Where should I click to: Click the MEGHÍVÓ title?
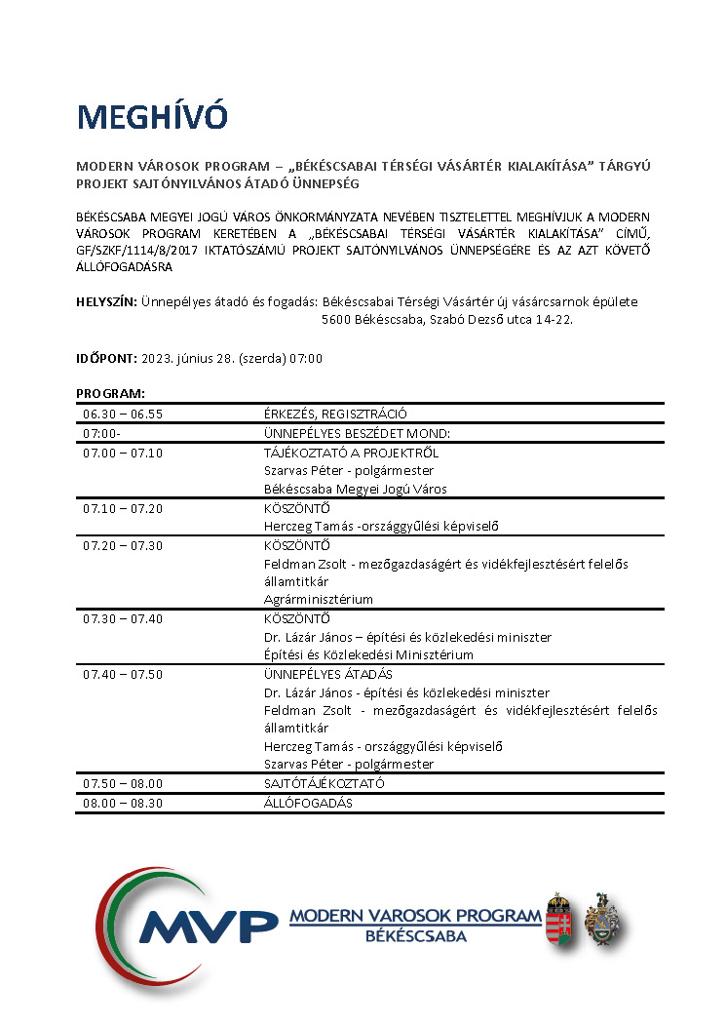(152, 117)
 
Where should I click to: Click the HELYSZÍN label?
(106, 302)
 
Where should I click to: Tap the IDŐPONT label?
(106, 358)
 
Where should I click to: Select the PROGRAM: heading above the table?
(110, 393)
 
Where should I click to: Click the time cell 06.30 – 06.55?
(123, 414)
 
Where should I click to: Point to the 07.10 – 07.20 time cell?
(123, 508)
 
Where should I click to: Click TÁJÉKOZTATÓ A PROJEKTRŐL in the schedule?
(351, 453)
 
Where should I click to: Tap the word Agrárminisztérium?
(319, 599)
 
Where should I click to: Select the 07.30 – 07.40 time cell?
(123, 618)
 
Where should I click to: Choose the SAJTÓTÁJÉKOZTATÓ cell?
(325, 783)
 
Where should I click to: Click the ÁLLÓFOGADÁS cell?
(308, 803)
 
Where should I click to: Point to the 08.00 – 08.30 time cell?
(123, 803)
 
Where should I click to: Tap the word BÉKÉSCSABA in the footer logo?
(415, 937)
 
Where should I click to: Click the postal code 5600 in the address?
(337, 318)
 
